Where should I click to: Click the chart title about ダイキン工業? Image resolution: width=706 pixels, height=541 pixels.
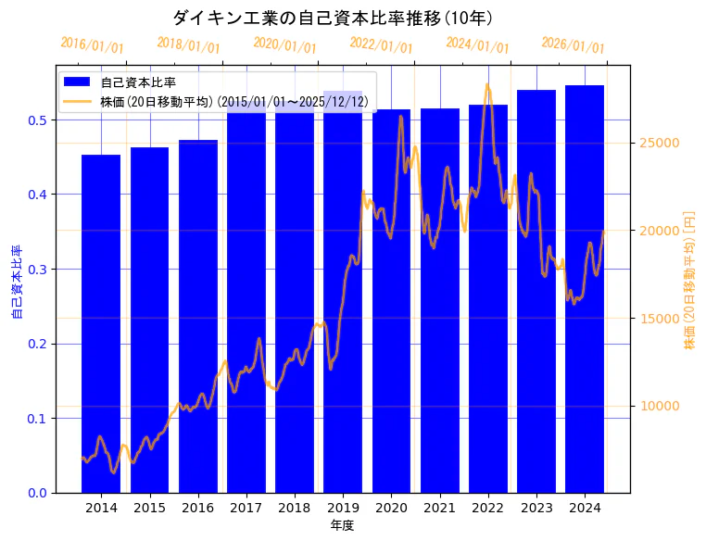333,18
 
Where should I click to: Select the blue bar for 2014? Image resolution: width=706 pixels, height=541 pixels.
101,324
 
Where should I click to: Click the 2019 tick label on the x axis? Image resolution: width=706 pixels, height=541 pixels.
343,508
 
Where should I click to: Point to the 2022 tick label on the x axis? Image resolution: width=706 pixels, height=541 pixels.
488,508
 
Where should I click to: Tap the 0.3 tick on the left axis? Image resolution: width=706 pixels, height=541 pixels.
36,269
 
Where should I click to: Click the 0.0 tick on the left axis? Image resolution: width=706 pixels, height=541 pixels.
36,493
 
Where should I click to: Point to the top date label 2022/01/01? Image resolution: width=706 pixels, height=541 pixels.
381,44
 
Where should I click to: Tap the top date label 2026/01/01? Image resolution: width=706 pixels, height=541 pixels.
573,44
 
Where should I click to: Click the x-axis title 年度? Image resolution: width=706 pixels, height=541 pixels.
342,525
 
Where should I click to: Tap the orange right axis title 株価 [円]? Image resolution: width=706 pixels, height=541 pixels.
689,280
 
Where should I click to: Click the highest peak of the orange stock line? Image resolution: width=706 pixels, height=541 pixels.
487,84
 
